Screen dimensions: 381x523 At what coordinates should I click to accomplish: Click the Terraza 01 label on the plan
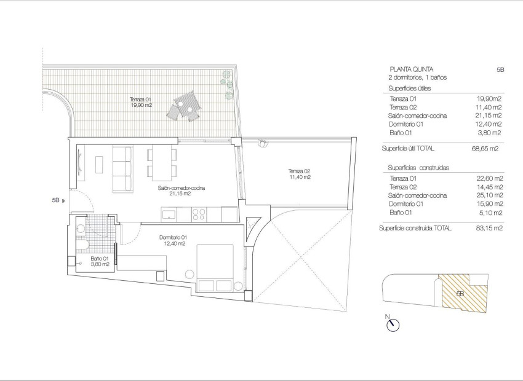coord(140,102)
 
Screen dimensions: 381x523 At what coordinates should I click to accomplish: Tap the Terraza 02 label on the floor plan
coord(300,174)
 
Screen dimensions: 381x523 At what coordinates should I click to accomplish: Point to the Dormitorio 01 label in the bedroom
coord(173,240)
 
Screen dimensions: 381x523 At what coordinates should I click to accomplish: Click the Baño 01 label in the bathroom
coord(100,261)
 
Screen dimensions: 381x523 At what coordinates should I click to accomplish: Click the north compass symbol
coord(393,324)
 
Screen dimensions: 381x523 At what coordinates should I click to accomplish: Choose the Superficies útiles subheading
coord(410,88)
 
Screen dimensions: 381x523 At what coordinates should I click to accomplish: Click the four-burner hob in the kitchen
coord(199,214)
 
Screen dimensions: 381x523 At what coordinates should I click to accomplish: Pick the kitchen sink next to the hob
coord(168,214)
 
